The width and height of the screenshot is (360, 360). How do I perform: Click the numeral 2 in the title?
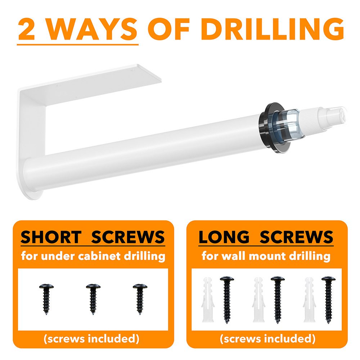(x=26, y=29)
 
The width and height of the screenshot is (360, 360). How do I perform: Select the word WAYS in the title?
(x=92, y=29)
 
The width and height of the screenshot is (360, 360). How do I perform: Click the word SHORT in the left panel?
(x=51, y=237)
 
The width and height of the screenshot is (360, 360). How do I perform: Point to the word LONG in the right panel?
(x=224, y=237)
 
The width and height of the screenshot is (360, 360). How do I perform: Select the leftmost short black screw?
(x=46, y=299)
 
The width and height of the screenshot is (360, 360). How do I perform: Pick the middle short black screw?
(x=93, y=299)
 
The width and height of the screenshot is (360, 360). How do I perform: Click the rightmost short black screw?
(x=140, y=299)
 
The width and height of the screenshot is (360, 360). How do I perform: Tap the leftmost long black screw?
(x=227, y=300)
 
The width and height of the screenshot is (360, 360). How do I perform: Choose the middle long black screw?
(x=278, y=300)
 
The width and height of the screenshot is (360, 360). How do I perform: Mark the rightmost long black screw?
(x=328, y=300)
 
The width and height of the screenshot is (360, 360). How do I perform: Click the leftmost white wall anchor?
(x=208, y=300)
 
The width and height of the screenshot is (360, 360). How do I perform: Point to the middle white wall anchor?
(x=258, y=300)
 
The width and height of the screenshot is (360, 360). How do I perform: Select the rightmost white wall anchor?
(x=309, y=300)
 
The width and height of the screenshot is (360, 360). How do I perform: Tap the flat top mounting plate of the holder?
(x=92, y=85)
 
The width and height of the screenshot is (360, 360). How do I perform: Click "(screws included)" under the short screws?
(x=91, y=339)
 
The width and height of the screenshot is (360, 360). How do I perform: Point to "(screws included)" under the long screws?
(x=267, y=339)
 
